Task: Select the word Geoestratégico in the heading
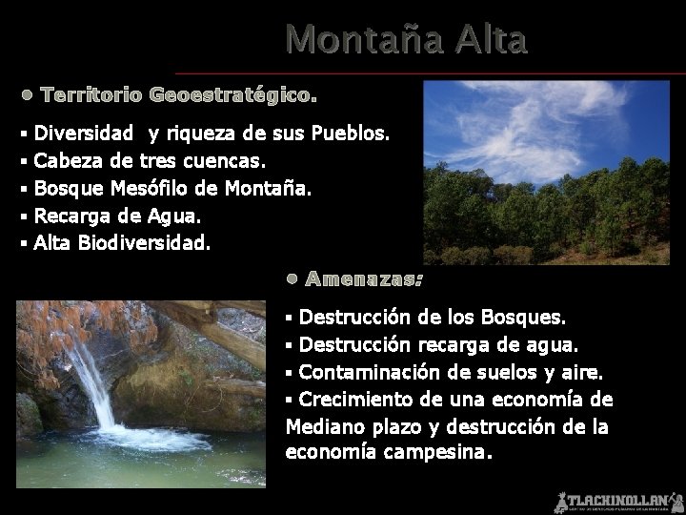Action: [232, 95]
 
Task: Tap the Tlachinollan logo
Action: [619, 501]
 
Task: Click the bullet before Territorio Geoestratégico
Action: [28, 95]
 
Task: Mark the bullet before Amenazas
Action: [293, 279]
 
